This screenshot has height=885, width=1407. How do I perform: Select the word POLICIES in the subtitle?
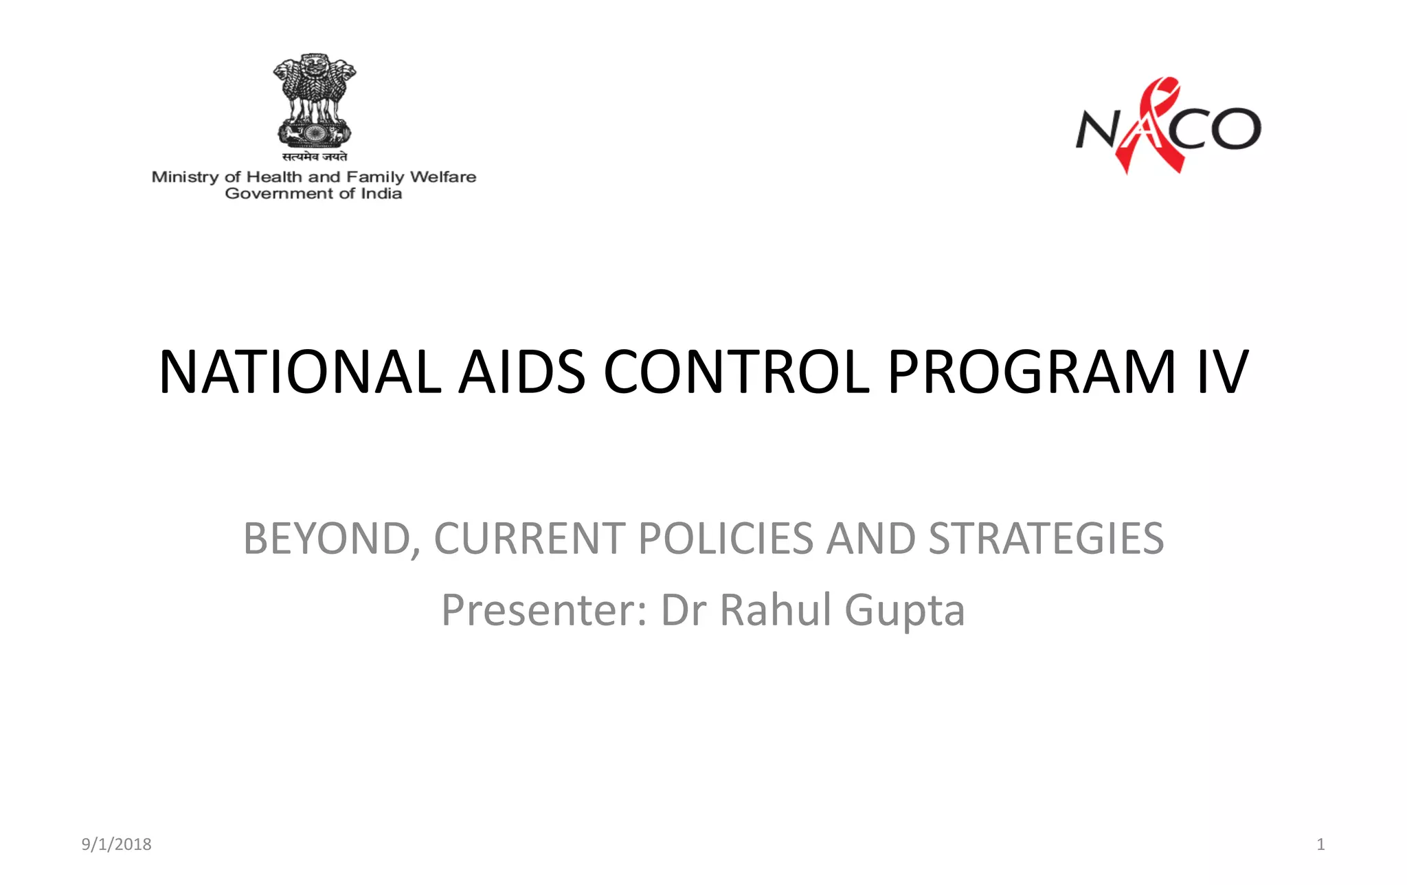pos(725,538)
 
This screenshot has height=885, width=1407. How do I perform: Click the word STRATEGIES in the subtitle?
pos(1046,538)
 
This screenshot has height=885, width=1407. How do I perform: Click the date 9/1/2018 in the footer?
pos(117,844)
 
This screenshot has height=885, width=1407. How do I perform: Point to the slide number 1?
pos(1320,844)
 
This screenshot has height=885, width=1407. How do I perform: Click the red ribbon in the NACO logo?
pos(1156,124)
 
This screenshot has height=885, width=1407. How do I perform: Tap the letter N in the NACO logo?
pos(1097,129)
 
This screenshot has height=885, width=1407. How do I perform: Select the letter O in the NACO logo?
pos(1235,128)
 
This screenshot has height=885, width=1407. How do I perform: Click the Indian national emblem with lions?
pos(315,100)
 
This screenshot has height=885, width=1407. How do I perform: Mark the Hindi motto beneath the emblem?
pos(315,157)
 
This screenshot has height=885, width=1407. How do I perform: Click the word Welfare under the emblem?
pos(443,177)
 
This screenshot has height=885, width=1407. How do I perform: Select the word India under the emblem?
pos(381,194)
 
